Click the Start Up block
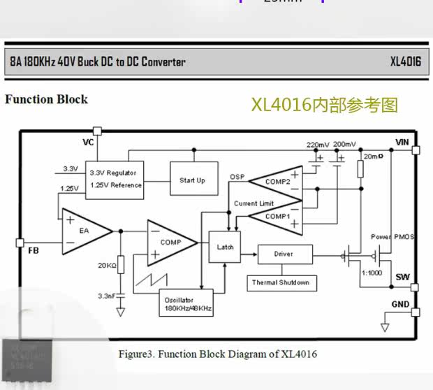pos(192,180)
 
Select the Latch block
pos(225,247)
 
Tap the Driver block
pos(284,254)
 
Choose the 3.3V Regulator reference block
pos(115,179)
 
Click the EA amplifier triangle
pos(85,230)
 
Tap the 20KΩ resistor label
pos(106,265)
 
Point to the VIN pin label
pos(402,142)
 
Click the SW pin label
pos(402,277)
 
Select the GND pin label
pos(400,304)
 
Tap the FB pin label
pos(33,250)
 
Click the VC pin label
pos(88,142)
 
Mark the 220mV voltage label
pos(318,145)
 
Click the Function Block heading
pos(46,99)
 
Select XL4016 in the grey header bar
pos(405,62)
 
